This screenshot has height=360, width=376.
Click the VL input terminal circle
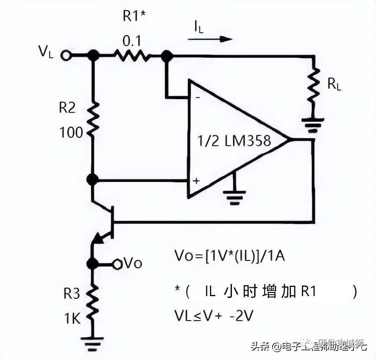tap(67, 56)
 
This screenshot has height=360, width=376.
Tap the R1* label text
tap(134, 16)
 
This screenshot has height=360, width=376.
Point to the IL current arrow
tap(213, 39)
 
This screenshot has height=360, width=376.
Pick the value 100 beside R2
tap(71, 133)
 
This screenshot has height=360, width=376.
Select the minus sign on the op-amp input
tap(197, 98)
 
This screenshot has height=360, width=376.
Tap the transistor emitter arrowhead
tap(98, 238)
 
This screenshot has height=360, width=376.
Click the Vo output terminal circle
tap(117, 264)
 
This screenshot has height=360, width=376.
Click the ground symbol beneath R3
tap(93, 344)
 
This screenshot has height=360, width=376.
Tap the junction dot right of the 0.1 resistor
tap(167, 56)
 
